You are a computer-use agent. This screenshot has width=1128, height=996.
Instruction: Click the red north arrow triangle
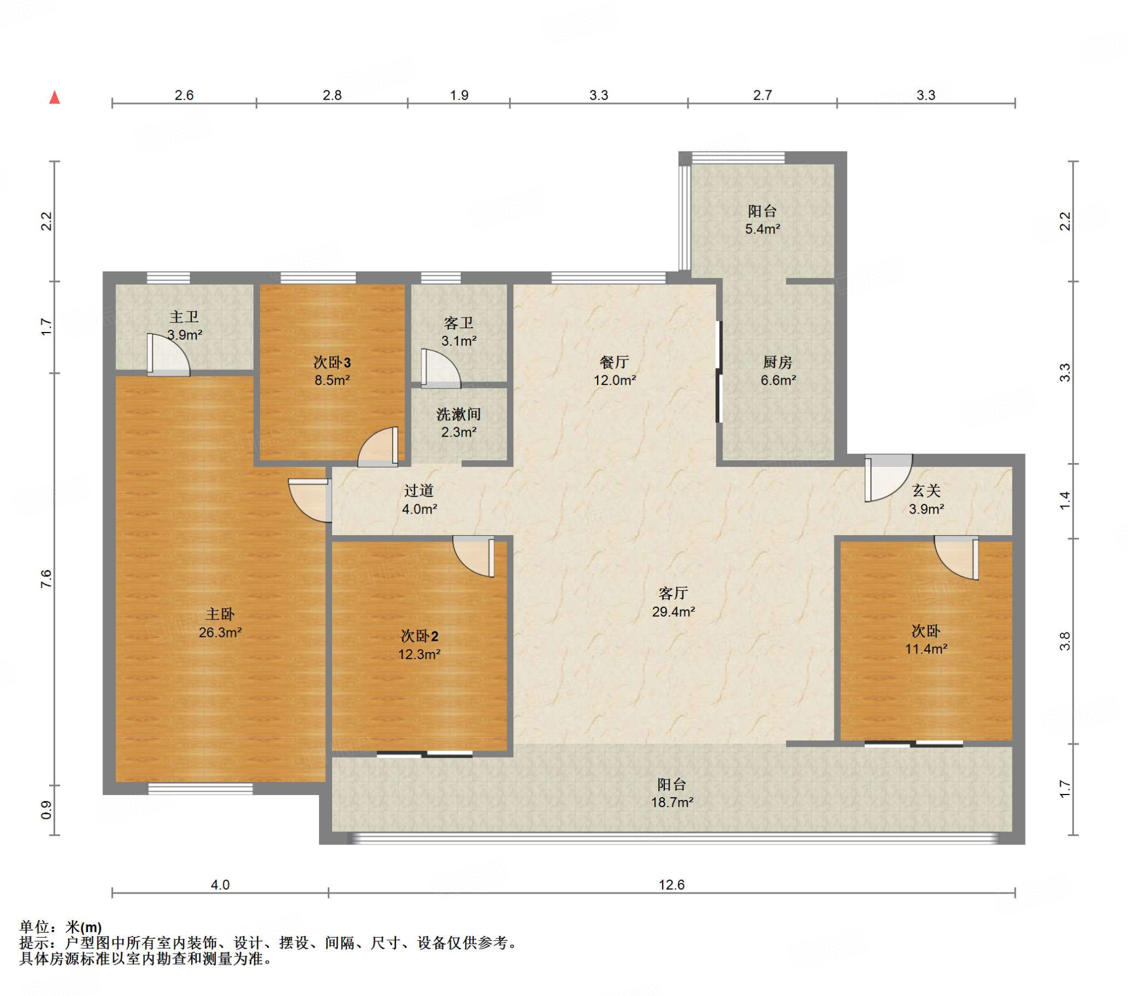tap(55, 97)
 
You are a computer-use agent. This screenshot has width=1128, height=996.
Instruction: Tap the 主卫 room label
tap(184, 317)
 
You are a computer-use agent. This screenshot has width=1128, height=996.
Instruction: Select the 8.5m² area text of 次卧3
tap(332, 380)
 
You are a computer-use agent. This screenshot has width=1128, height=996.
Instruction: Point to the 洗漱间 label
tap(459, 414)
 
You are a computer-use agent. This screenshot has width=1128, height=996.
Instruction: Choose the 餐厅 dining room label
tap(614, 362)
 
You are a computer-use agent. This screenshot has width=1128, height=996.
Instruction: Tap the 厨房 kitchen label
tap(778, 362)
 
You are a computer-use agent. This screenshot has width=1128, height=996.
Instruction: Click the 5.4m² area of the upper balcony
tap(763, 229)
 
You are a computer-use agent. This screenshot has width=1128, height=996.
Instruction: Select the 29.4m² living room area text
tap(673, 611)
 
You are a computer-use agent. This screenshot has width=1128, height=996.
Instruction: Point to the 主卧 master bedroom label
tap(220, 613)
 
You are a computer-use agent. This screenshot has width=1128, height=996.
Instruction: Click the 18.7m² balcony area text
tap(671, 802)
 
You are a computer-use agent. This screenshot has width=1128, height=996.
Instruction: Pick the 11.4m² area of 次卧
tap(926, 649)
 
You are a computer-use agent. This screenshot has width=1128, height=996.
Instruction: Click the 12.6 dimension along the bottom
tap(671, 885)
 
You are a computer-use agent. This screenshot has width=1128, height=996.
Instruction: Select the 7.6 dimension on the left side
tap(46, 579)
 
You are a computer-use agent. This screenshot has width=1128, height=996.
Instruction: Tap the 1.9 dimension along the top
tap(459, 95)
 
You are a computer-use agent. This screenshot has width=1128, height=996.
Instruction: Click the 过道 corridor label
tap(419, 491)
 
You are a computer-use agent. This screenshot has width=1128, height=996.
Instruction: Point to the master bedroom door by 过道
tap(310, 500)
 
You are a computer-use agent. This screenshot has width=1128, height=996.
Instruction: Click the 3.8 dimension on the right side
tap(1065, 641)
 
